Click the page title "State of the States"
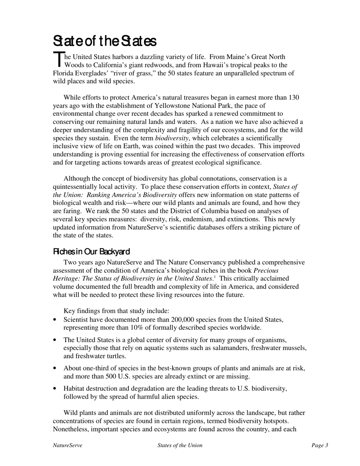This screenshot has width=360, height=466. pyautogui.click(x=104, y=41)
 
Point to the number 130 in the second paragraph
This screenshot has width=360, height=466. pyautogui.click(x=294, y=98)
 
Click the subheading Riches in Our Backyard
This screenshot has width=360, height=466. pyautogui.click(x=91, y=252)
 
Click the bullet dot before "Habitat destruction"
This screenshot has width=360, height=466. pyautogui.click(x=56, y=389)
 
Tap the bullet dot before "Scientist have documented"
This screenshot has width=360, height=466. pyautogui.click(x=56, y=320)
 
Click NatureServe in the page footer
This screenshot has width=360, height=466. pyautogui.click(x=67, y=446)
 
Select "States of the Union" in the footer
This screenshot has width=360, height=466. pyautogui.click(x=180, y=446)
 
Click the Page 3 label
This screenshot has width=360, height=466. pyautogui.click(x=320, y=446)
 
